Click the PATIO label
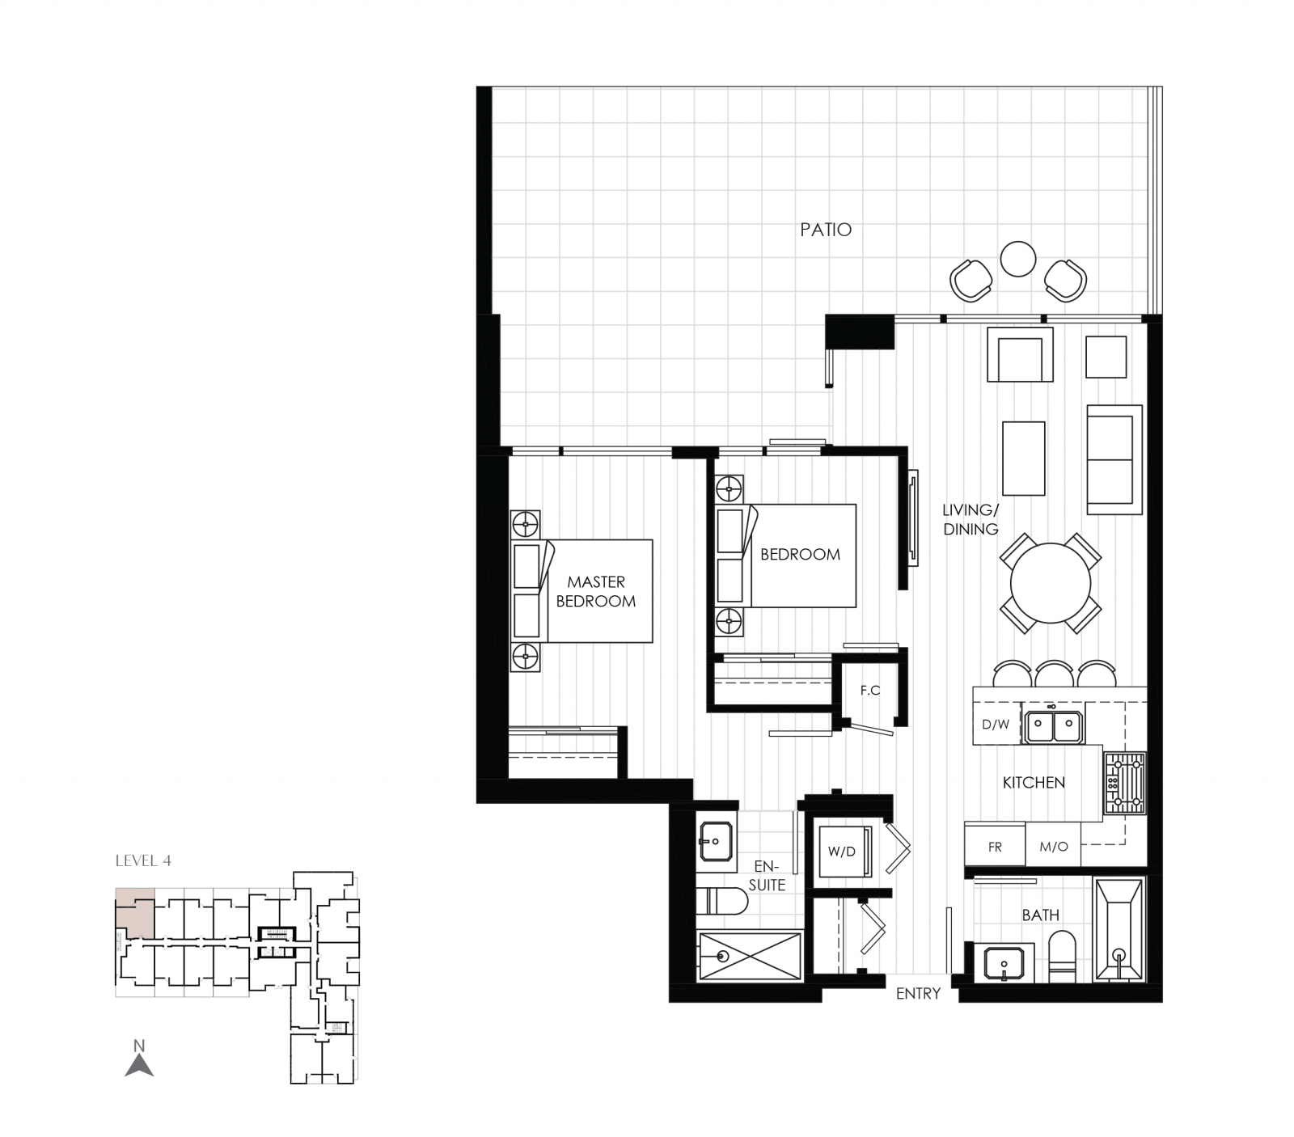pyautogui.click(x=826, y=230)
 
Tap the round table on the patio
pyautogui.click(x=1017, y=259)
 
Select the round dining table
pyautogui.click(x=1051, y=582)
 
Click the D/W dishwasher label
pyautogui.click(x=996, y=725)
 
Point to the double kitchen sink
pyautogui.click(x=1052, y=725)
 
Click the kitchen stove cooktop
pyautogui.click(x=1125, y=782)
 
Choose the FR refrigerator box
pyautogui.click(x=995, y=847)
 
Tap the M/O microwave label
pyautogui.click(x=1054, y=847)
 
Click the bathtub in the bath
pyautogui.click(x=1119, y=929)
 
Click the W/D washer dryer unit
pyautogui.click(x=843, y=852)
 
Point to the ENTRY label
pyautogui.click(x=918, y=994)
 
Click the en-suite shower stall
pyautogui.click(x=749, y=956)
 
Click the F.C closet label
pyautogui.click(x=870, y=690)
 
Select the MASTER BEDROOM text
pyautogui.click(x=596, y=591)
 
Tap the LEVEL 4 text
pyautogui.click(x=143, y=860)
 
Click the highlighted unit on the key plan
pyautogui.click(x=133, y=911)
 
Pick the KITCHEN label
pyautogui.click(x=1034, y=782)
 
